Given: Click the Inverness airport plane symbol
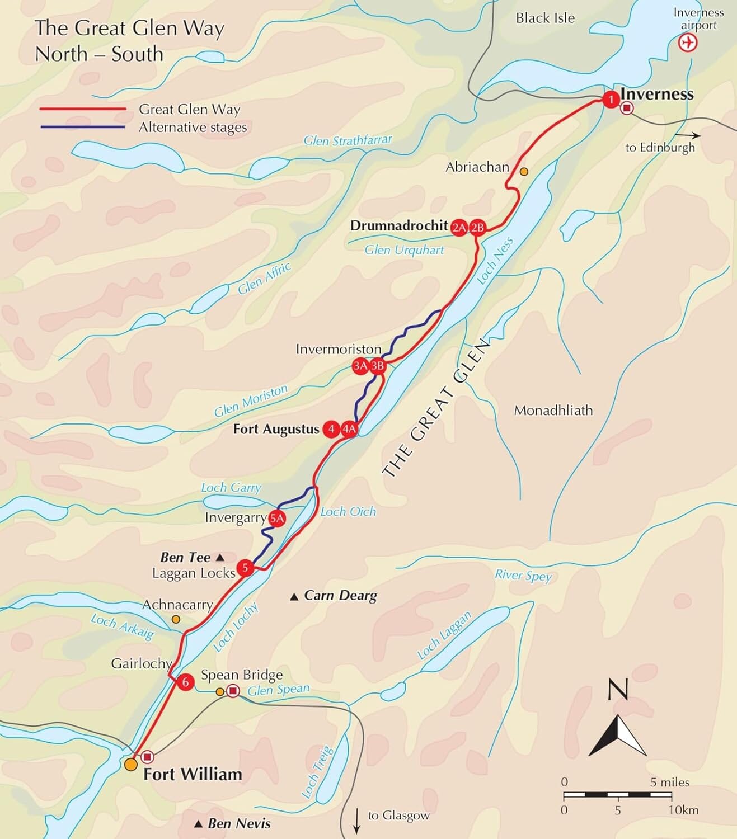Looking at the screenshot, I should coord(688,43).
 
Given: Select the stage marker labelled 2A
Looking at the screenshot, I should coord(459,227).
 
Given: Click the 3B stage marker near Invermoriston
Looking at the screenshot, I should coord(378,366).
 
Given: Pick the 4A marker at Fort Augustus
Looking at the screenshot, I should coord(349,429).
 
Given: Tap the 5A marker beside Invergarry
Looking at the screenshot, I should coord(277,519).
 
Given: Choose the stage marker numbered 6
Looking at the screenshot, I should coord(185,682).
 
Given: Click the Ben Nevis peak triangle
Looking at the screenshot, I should coord(198,824).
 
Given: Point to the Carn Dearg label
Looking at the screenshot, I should coord(340,595).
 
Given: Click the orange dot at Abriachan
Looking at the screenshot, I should coord(524,172).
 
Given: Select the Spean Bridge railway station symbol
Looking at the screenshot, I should coord(233,691).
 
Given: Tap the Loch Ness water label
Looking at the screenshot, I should coord(495,261).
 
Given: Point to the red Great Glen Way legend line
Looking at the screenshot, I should coord(83,109).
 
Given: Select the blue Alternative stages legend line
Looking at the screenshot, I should coord(83,127).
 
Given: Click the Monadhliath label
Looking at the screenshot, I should coord(553,411).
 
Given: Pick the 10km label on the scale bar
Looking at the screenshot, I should coord(683,810).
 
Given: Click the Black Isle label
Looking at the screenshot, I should coord(545,18).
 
